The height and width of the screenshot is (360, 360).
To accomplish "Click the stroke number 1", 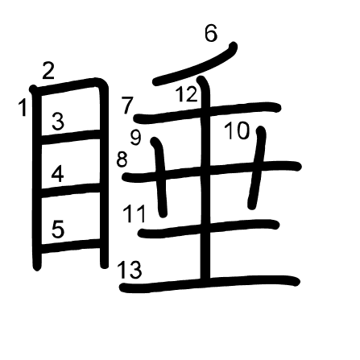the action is pos(23,107).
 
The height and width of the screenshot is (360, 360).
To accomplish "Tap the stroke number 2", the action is pos(48,71).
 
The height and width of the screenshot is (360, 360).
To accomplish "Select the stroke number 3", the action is pos(58,122).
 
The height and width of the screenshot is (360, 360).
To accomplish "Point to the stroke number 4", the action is pos(58,174).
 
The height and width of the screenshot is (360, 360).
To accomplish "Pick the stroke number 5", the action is pos(58,229).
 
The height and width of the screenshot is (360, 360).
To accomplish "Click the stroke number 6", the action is pos(211,34).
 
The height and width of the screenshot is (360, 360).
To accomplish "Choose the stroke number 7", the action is pos(127,106).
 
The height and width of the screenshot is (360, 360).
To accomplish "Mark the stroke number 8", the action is pos(122,159).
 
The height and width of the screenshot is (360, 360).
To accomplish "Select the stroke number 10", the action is pos(238,130).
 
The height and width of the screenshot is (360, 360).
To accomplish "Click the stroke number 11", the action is pos(134,213).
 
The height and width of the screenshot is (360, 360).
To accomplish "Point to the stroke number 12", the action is pos(186,94).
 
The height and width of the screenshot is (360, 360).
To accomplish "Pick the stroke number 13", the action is pos(129,270).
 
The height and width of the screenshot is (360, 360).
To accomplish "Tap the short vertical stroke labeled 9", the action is pos(160,177).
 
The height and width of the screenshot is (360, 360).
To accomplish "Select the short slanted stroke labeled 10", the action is pos(257,168).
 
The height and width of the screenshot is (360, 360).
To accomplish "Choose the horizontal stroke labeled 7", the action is pos(207,113).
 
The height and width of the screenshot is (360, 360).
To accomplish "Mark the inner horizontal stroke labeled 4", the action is pos(70,190).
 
